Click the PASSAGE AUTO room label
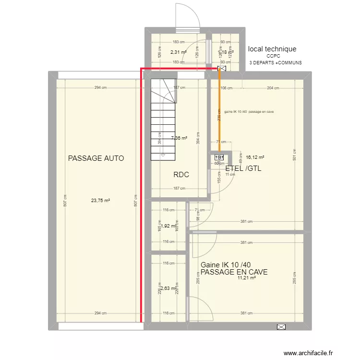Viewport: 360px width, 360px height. pos(96,158)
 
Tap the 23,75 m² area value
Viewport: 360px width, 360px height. pos(101,201)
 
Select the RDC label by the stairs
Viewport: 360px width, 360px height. pos(181,175)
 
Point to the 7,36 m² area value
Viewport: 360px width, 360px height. pos(179,138)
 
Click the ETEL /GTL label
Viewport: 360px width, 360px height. pos(243,168)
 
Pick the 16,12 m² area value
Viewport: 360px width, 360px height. pos(255,156)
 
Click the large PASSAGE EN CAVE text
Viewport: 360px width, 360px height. pos(234,272)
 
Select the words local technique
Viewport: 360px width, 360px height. pos(272,49)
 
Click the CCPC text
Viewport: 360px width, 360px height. pos(273,56)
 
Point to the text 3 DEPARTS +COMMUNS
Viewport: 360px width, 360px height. pos(276,62)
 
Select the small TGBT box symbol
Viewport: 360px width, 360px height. pos(219,157)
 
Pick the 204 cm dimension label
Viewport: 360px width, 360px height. pos(273,88)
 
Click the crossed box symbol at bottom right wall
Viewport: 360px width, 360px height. pos(281,327)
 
